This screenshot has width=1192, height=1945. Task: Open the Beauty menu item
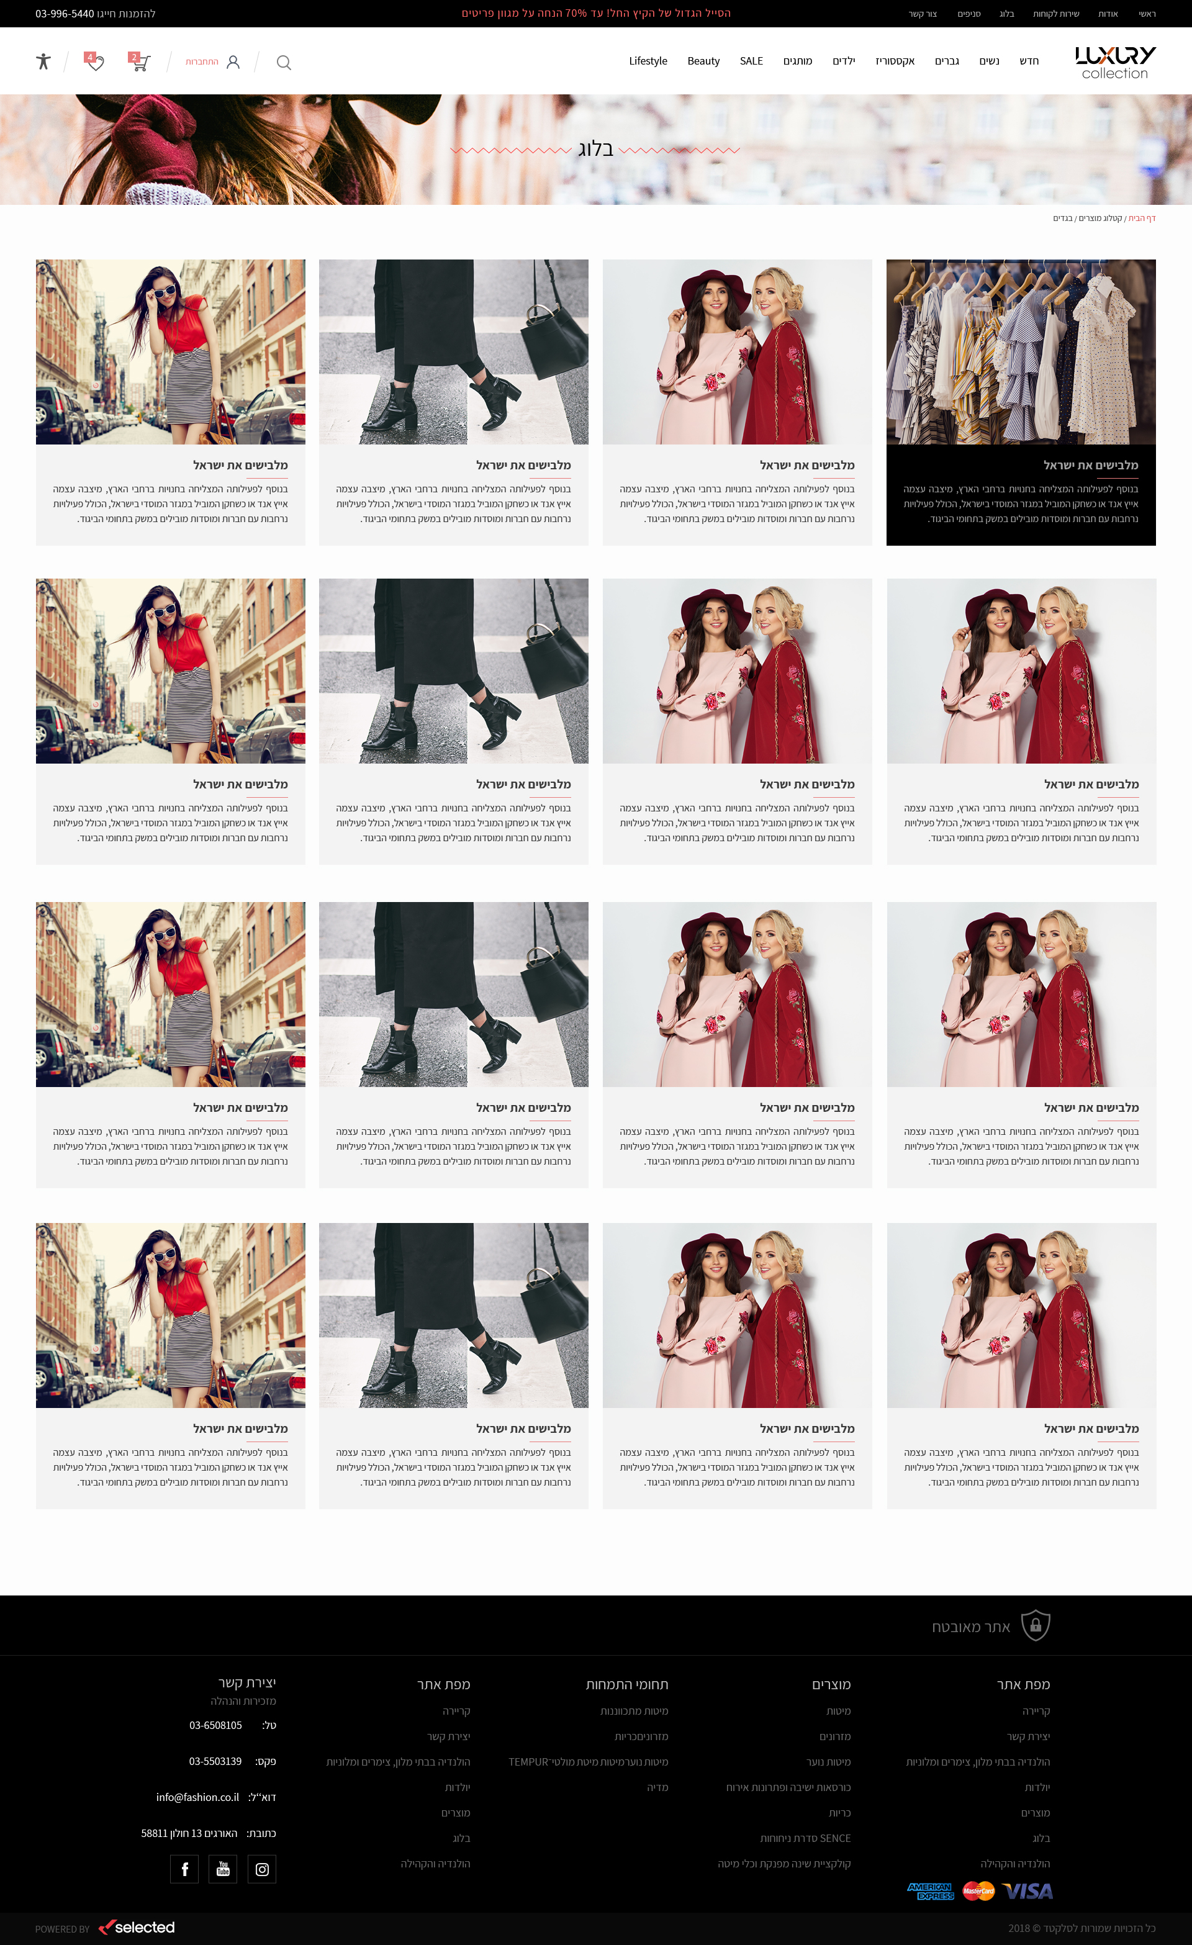coord(703,61)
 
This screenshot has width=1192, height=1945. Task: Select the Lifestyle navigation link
coord(648,61)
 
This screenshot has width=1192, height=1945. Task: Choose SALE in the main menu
coord(751,61)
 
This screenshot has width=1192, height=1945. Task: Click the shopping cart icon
coord(140,61)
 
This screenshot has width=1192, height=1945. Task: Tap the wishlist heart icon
coord(95,61)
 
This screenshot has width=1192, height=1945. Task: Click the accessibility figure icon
coord(43,61)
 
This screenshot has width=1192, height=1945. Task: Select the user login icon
coord(233,61)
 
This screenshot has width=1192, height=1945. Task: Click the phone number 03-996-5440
coord(65,14)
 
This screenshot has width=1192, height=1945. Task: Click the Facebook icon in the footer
coord(184,1869)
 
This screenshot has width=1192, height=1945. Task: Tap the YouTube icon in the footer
coord(223,1869)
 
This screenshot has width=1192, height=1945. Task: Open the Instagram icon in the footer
coord(262,1869)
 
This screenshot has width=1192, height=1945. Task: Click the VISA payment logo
coord(1027,1890)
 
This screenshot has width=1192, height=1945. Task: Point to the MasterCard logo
coord(979,1890)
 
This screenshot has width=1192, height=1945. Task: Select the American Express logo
coord(931,1890)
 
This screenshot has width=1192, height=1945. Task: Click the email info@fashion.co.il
coord(197,1797)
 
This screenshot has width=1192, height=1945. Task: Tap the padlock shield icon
coord(1036,1625)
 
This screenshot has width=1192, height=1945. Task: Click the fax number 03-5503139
coord(215,1761)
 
